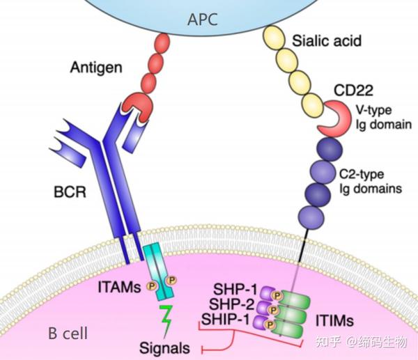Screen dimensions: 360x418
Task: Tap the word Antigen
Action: coord(95,68)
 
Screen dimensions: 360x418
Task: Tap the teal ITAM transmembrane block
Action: coord(162,268)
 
